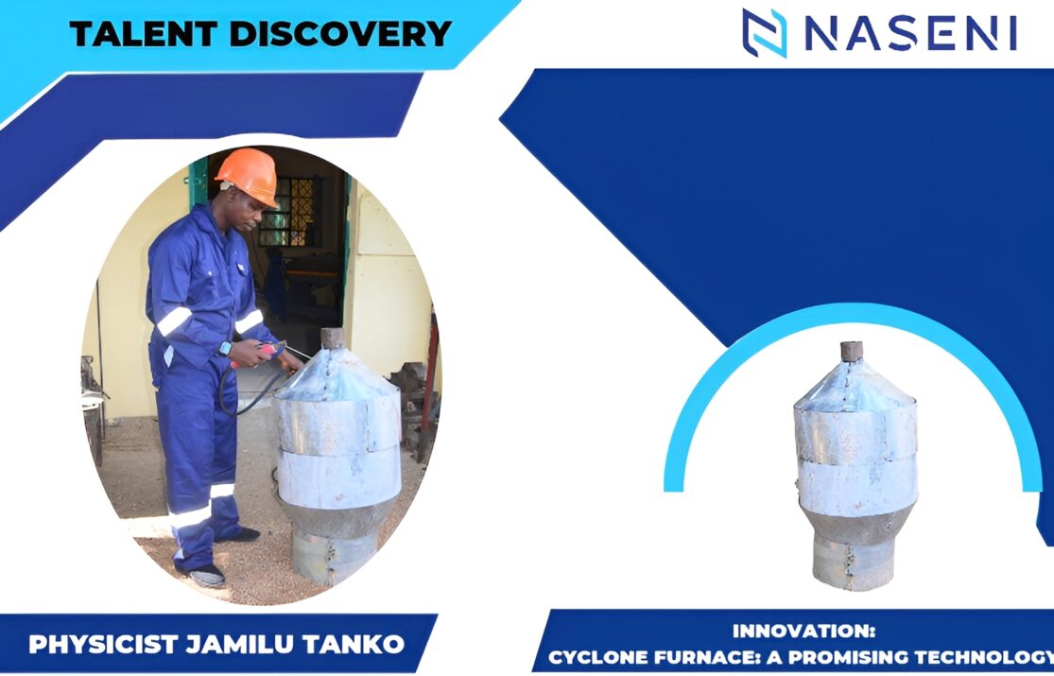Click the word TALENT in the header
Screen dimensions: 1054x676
tap(143, 33)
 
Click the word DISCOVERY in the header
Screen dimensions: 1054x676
tap(340, 33)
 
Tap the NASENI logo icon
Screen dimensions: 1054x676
tap(765, 33)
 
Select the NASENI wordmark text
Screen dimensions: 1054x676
tap(911, 33)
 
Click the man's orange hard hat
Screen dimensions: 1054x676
tap(248, 175)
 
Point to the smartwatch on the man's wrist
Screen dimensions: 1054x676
tap(225, 348)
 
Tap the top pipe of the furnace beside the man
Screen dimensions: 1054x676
tap(332, 338)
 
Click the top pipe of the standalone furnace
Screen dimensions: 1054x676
tap(852, 351)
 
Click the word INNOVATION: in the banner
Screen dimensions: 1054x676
tap(803, 631)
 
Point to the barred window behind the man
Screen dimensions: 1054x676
tap(287, 211)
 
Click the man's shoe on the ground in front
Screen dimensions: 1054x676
tap(208, 576)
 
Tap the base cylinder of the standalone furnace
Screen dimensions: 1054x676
tap(853, 563)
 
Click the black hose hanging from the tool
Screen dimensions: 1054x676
tap(246, 390)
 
